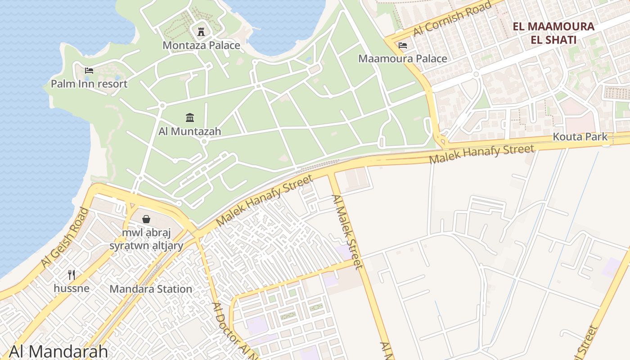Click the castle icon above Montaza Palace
(201, 31)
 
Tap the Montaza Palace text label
(201, 45)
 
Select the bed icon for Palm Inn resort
(89, 70)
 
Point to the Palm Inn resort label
(89, 84)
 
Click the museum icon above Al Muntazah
(190, 118)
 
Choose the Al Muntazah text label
(190, 131)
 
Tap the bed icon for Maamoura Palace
(403, 45)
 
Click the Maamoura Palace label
(403, 59)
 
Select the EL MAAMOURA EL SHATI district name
(553, 33)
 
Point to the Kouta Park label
(580, 137)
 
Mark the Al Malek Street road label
(347, 232)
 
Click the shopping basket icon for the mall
(146, 219)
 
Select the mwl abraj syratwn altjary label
(146, 239)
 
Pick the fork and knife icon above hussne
(72, 274)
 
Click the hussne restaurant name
(72, 288)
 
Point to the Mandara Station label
(151, 289)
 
